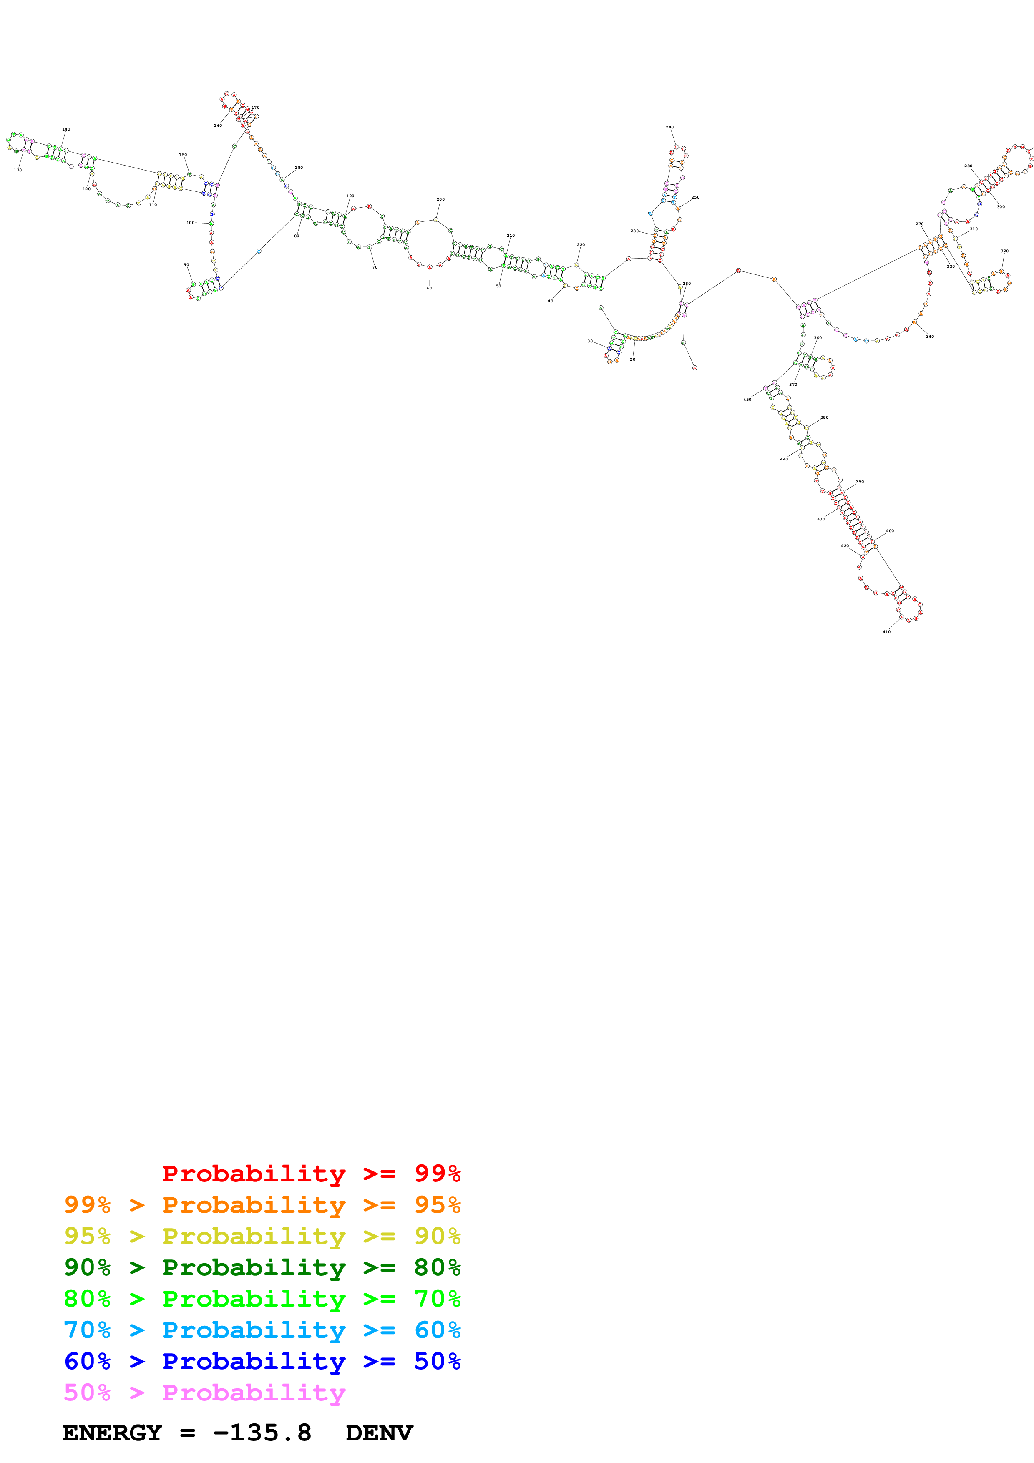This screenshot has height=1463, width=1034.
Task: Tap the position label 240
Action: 669,128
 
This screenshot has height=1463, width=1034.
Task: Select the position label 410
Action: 886,631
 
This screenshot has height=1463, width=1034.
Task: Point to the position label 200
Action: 440,199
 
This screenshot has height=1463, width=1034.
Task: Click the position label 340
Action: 930,337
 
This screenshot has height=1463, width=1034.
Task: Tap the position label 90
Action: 186,265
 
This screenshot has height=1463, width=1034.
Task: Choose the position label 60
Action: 429,288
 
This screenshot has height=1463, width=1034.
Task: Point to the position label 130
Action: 18,170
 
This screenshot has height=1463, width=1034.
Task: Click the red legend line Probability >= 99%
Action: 311,1174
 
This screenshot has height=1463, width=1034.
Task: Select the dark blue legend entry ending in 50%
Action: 262,1361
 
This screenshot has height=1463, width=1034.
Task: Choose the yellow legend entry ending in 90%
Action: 262,1236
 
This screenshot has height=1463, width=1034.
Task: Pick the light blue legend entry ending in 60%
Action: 262,1330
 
